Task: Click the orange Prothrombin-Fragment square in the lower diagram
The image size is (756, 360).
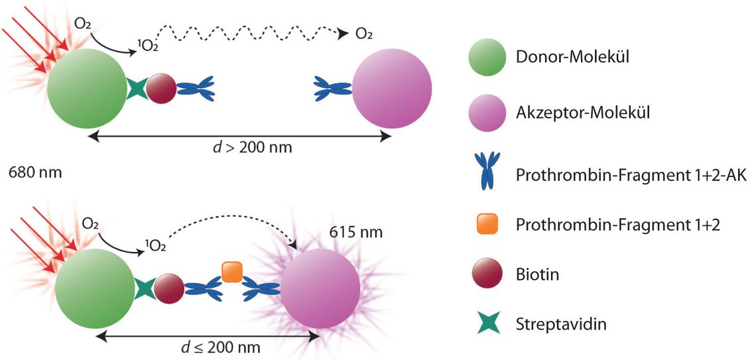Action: pyautogui.click(x=231, y=272)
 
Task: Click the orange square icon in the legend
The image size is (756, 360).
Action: pyautogui.click(x=487, y=225)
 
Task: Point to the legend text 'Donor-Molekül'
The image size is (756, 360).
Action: pyautogui.click(x=572, y=58)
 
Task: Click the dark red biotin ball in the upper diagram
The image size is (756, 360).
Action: pyautogui.click(x=161, y=88)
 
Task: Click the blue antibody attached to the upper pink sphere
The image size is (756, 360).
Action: pyautogui.click(x=334, y=87)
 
